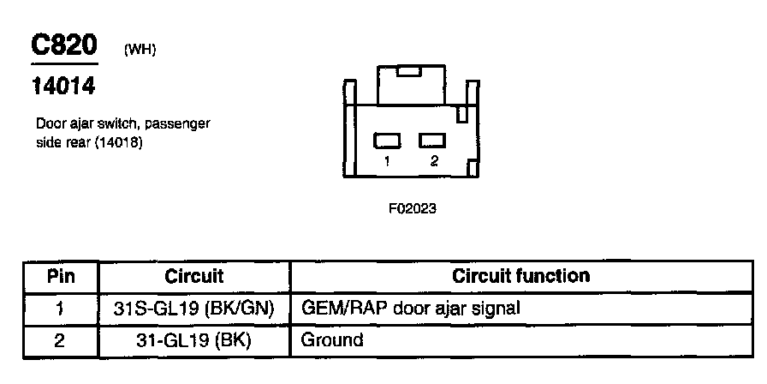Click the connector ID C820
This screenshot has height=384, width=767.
[64, 46]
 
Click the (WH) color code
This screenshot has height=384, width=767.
[140, 50]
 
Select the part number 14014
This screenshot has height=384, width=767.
[63, 87]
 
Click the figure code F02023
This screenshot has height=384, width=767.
[413, 207]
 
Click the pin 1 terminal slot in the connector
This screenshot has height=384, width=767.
[388, 140]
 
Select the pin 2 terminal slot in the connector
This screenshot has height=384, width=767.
[431, 140]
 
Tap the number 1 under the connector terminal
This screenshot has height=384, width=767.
[388, 160]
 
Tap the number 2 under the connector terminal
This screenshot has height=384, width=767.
[434, 160]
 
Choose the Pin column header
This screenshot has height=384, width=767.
[60, 277]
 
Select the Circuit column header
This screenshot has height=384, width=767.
[193, 277]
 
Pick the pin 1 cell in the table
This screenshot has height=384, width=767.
[60, 308]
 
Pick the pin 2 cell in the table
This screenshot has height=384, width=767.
[60, 339]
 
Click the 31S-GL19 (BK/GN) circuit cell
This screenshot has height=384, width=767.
[193, 308]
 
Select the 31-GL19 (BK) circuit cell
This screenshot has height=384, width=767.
[193, 339]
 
